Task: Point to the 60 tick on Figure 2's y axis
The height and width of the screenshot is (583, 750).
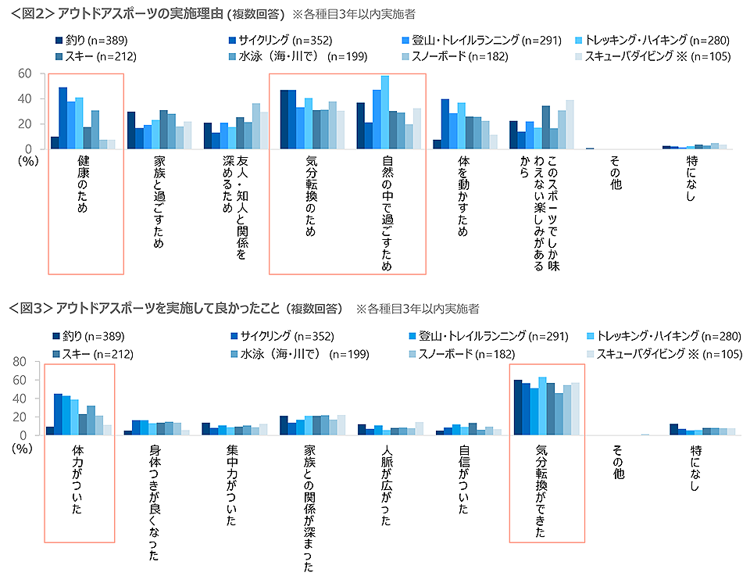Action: click(x=25, y=73)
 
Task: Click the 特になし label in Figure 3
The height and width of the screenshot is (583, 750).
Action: click(x=695, y=469)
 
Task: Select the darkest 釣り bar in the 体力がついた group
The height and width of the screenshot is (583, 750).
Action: click(x=50, y=431)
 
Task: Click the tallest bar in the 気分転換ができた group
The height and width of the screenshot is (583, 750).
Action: click(x=543, y=406)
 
